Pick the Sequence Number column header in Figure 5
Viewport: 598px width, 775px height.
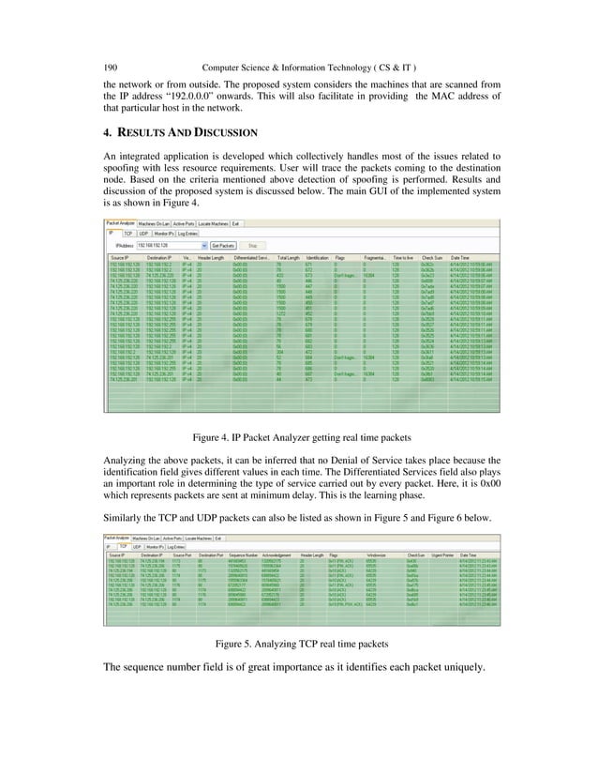[244, 556]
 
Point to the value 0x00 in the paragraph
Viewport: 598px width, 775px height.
[493, 502]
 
